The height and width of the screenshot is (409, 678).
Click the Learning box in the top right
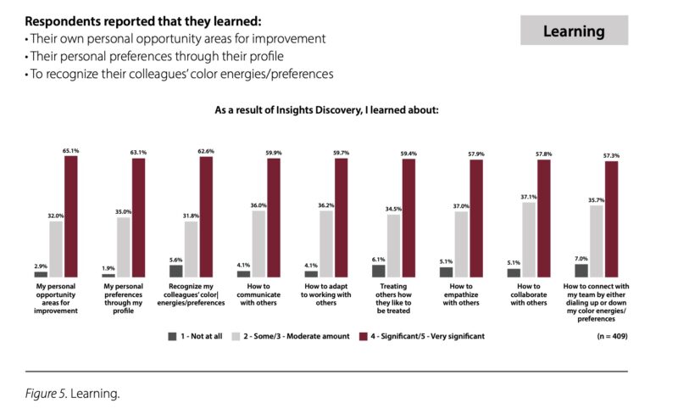point(574,31)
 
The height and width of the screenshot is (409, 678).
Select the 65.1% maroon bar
point(71,216)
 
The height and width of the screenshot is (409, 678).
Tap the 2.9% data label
point(40,266)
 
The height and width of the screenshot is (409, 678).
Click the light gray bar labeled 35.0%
point(122,247)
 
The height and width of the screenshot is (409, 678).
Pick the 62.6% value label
point(206,151)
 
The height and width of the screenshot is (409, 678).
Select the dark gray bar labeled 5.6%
point(175,271)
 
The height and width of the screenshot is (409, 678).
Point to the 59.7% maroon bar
point(341,218)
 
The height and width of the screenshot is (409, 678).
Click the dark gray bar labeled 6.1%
point(378,271)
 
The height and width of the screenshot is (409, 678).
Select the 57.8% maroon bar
point(543,219)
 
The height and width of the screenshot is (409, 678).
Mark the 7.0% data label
point(581,259)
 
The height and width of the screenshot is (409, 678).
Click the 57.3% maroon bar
point(611,219)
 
